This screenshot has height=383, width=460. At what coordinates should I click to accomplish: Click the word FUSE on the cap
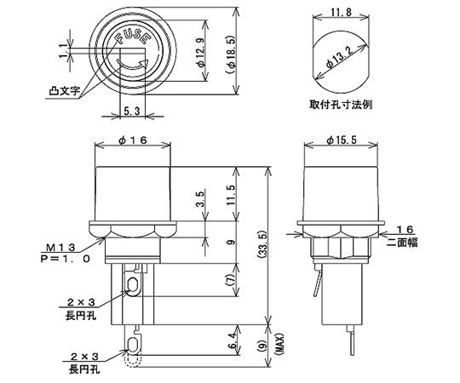pos(133,36)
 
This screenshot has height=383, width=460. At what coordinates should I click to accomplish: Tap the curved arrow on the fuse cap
pos(132,66)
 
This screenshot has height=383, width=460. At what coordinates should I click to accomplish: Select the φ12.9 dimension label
pos(201,52)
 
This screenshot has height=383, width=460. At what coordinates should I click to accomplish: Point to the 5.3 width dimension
pos(132,111)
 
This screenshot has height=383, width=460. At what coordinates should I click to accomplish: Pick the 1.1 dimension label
pos(64,51)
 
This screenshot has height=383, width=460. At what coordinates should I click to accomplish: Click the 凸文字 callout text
pos(64,90)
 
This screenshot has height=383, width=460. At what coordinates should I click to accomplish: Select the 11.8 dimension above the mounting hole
pos(341,13)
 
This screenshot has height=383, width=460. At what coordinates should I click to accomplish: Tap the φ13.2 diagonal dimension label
pos(340,57)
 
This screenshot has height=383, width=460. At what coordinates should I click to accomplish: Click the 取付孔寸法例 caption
pos(341,105)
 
